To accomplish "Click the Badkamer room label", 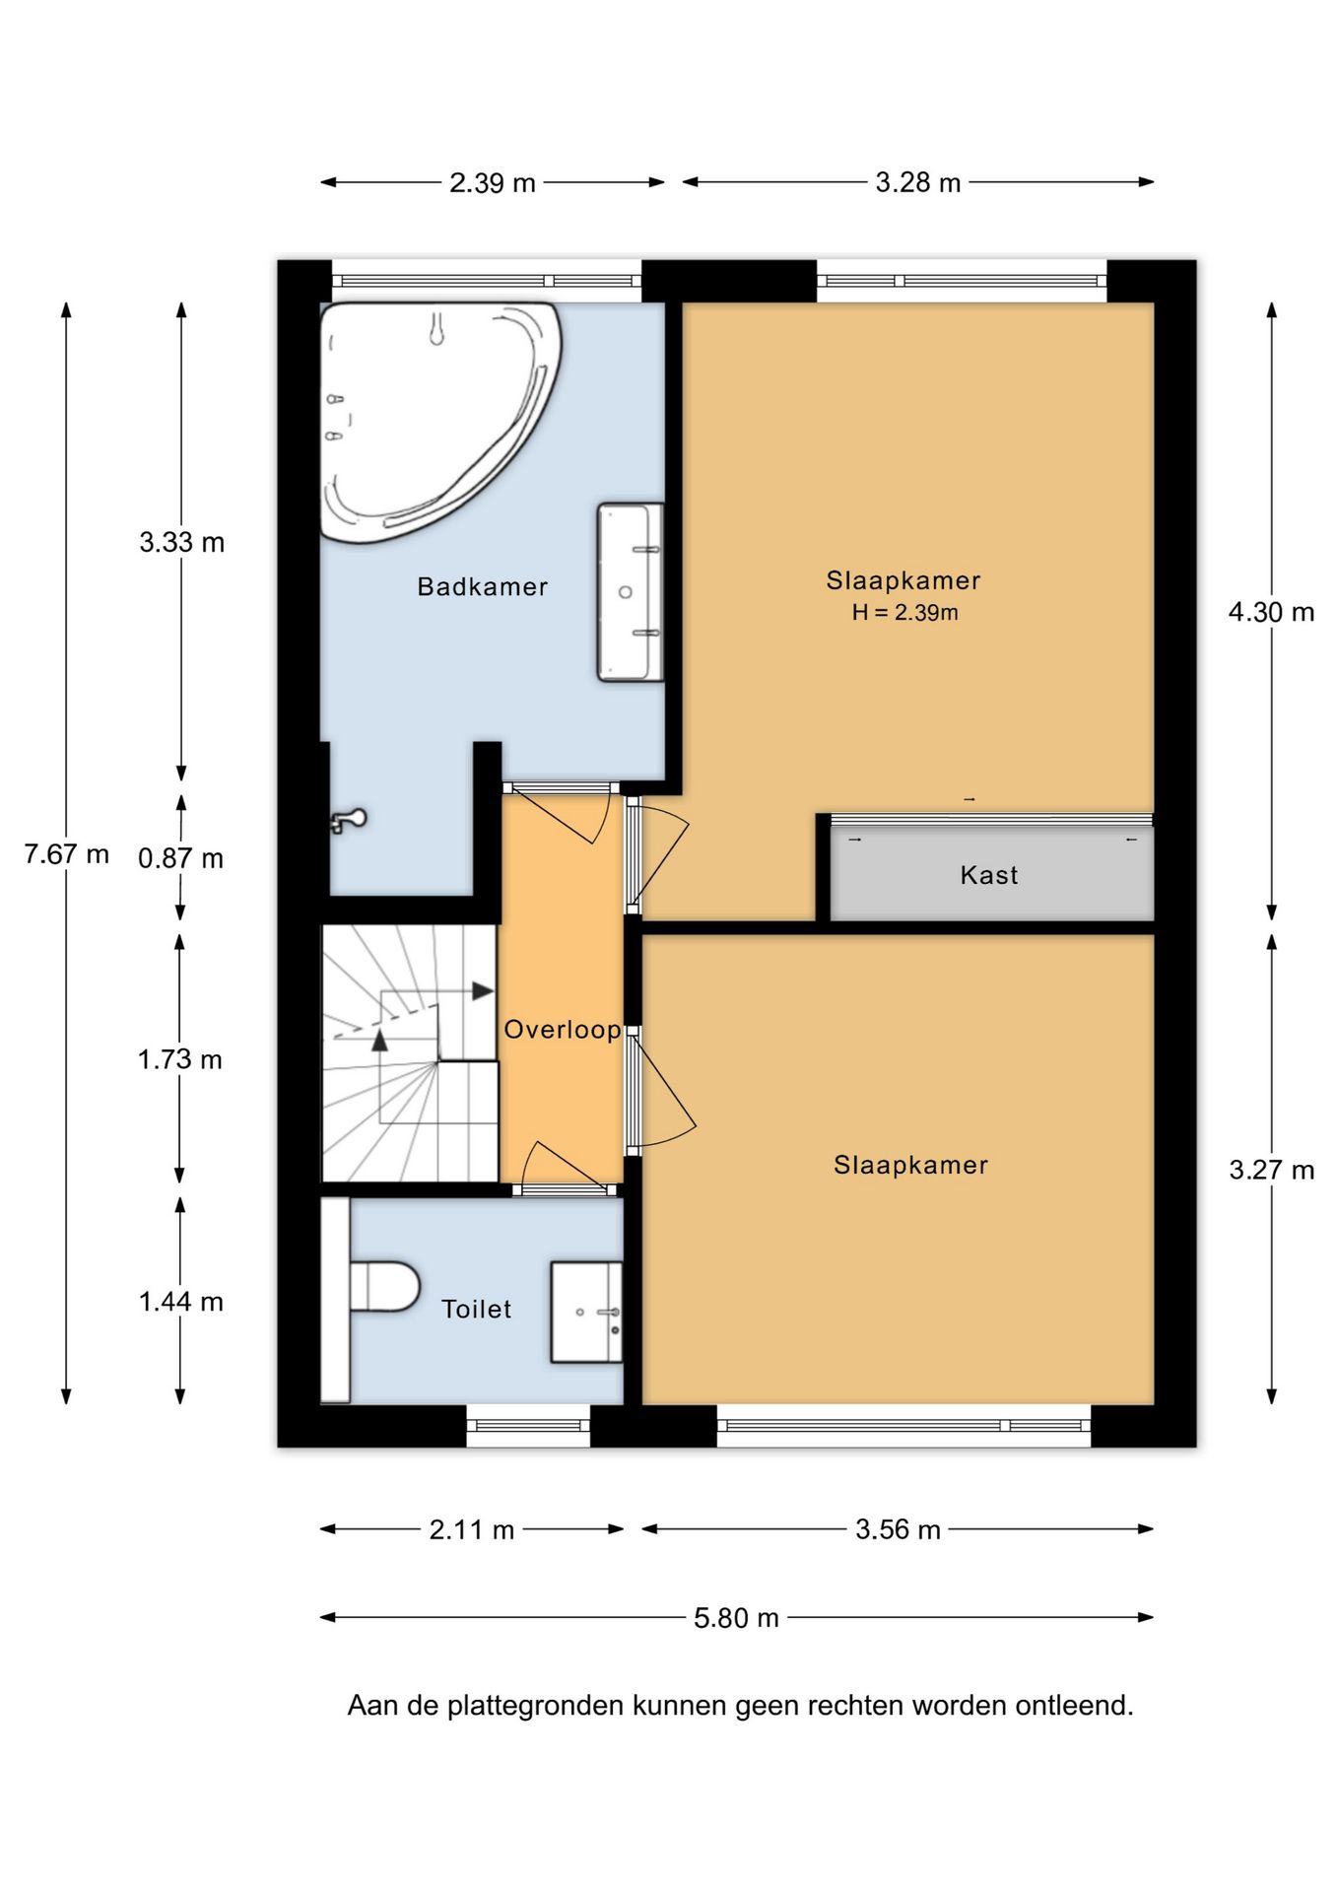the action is coord(482,586).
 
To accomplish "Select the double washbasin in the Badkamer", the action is coord(630,591).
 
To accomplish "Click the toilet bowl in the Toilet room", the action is coord(384,1286).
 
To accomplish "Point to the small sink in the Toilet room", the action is coord(586,1313).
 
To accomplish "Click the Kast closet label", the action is coord(989,875).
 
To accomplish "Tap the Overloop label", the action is coord(563,1030).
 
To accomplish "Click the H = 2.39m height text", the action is coord(904,612).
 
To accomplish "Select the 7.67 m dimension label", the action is coord(67,853).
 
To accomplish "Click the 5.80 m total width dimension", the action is coord(736,1618).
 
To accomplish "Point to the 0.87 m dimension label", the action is coord(180,858).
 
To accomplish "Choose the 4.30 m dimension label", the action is coord(1271,612).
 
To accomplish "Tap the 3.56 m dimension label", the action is coord(898,1529).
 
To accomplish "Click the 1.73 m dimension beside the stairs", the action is coord(180,1059).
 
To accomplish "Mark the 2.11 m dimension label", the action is coord(472,1529).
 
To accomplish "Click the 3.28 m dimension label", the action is coord(918,182).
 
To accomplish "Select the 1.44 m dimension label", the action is coord(181,1302).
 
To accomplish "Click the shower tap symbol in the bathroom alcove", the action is coord(348,820).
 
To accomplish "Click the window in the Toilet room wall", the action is coord(528,1425).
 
